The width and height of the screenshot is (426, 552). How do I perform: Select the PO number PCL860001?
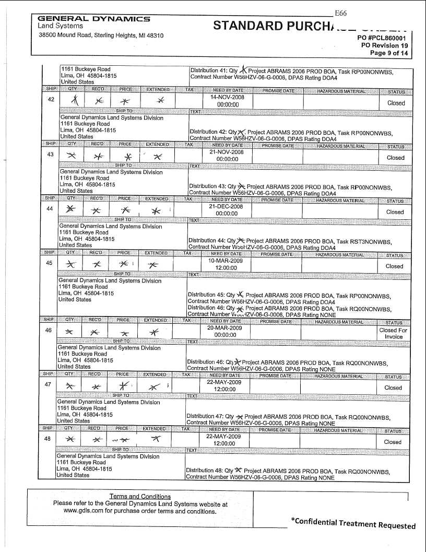pos(385,38)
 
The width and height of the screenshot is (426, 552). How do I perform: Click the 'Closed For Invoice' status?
pos(393,333)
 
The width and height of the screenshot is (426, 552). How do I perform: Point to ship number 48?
pos(48,439)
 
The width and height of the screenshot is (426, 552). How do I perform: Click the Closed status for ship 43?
pos(395,157)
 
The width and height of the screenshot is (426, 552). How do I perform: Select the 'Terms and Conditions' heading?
pos(140,496)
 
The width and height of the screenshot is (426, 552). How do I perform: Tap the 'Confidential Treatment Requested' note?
pos(353,524)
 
